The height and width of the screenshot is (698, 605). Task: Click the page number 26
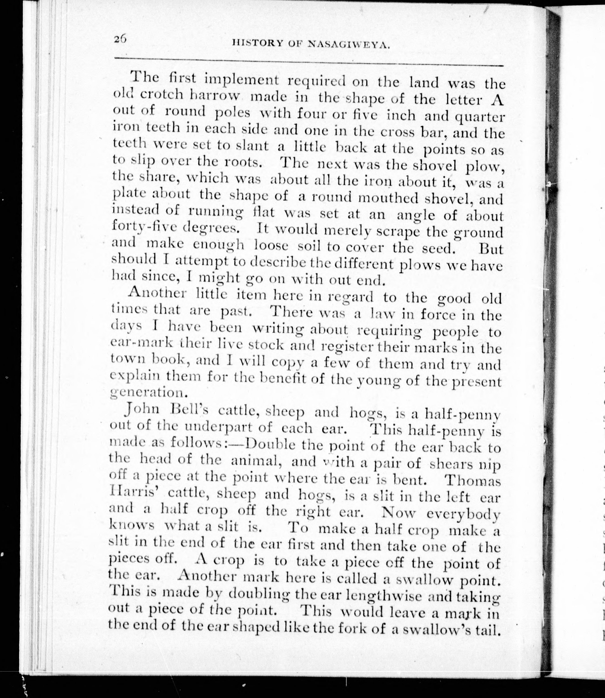click(x=120, y=39)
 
